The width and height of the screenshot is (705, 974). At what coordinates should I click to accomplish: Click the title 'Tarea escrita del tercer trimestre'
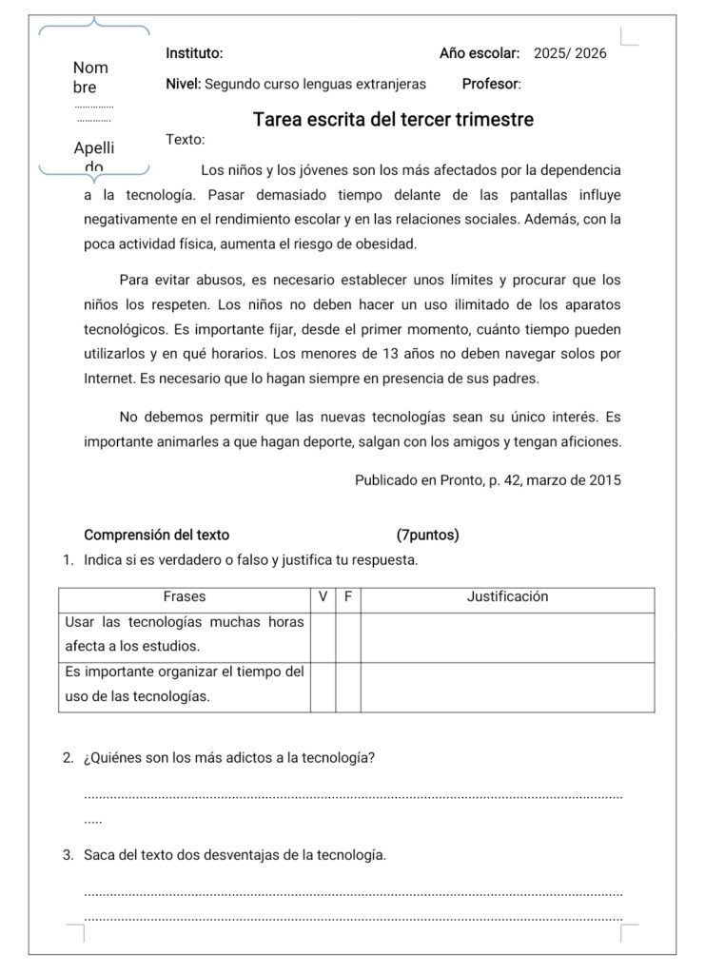click(393, 120)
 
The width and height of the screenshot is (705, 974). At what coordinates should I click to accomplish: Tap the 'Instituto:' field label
click(194, 54)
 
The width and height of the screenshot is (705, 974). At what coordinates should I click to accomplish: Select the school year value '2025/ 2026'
click(570, 54)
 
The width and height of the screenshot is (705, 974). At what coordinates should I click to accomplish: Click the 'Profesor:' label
click(491, 84)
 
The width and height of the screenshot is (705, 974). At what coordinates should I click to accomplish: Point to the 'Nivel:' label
click(183, 84)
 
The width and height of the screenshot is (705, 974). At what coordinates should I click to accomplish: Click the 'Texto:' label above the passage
click(185, 140)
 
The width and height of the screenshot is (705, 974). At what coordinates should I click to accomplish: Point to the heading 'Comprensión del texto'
click(156, 535)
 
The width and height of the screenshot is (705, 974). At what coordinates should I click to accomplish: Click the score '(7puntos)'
click(427, 535)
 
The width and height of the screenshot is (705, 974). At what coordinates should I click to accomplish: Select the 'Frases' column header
click(185, 597)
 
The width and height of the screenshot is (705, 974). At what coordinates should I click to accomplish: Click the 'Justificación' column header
click(507, 597)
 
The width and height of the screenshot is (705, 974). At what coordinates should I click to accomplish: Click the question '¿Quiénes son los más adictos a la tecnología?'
click(228, 758)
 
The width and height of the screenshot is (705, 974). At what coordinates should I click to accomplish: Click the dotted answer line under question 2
click(353, 796)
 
